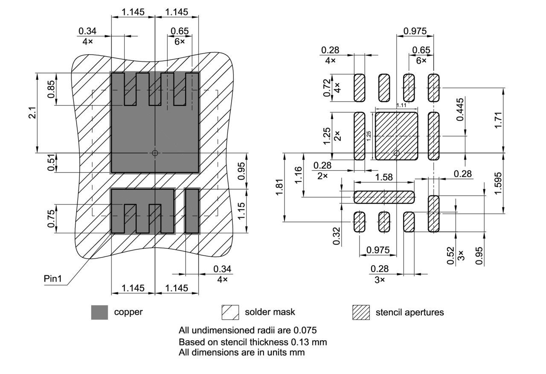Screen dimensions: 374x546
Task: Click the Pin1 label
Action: (x=53, y=279)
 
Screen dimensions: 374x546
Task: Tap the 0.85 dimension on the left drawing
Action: (x=52, y=90)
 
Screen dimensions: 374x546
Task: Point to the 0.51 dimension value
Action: (x=52, y=163)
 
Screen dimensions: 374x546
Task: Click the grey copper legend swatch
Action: (x=99, y=312)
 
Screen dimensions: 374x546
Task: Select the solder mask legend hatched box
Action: (x=230, y=312)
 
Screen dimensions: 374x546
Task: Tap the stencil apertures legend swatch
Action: (x=361, y=312)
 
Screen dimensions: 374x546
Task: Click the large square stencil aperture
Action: (x=396, y=136)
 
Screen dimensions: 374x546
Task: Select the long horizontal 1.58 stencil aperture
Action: (x=384, y=197)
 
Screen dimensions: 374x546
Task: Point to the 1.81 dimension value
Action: (x=279, y=187)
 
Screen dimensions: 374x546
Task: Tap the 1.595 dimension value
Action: (x=498, y=183)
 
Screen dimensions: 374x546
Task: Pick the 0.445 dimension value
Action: (x=459, y=111)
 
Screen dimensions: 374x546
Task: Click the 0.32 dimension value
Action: (x=337, y=237)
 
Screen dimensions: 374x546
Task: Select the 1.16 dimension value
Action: (x=299, y=175)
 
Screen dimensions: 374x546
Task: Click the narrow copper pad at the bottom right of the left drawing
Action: (x=192, y=210)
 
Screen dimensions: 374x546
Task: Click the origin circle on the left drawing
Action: (x=155, y=152)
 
